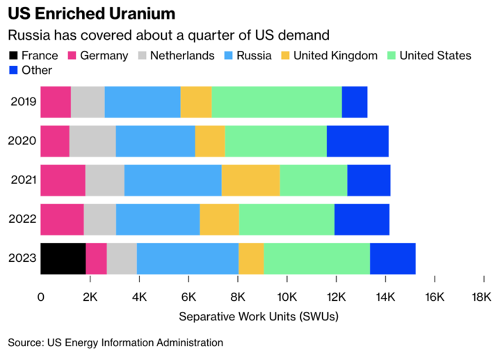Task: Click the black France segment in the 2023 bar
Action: coord(63,259)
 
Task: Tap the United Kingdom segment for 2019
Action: coord(196,101)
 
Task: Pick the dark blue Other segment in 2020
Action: coord(357,141)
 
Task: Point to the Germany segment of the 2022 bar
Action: coord(62,220)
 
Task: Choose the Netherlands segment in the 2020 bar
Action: coord(92,141)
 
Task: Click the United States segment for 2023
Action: coord(317,259)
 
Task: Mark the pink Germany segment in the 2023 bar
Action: coord(96,259)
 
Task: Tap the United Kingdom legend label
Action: coord(335,56)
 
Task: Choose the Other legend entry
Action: coord(37,70)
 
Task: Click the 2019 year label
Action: coord(24,101)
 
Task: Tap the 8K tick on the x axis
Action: coord(238,296)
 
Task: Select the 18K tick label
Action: coord(483,296)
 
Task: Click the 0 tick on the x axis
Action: coord(41,296)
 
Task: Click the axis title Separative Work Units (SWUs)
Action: coord(259,316)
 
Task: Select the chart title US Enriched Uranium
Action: coord(91,13)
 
